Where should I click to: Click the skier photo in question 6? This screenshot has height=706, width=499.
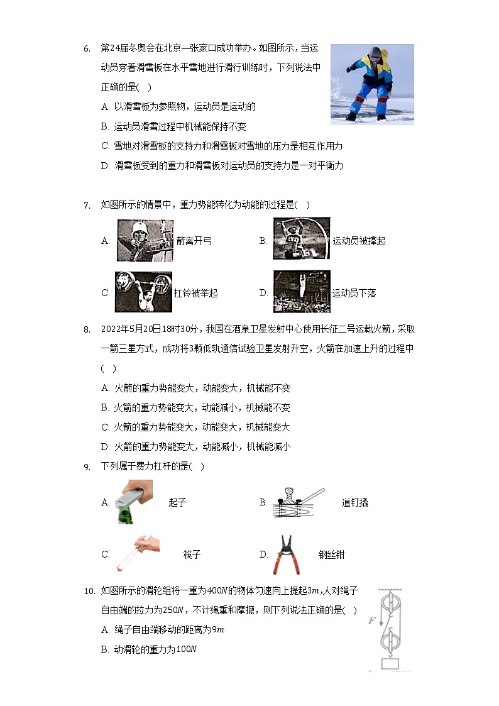pyautogui.click(x=372, y=84)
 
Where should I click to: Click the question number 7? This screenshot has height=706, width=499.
pyautogui.click(x=88, y=205)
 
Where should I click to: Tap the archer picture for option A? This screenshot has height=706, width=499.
pyautogui.click(x=145, y=240)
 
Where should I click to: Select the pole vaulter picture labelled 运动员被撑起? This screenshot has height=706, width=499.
pyautogui.click(x=301, y=239)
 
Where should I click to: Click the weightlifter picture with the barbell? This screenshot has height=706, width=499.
pyautogui.click(x=143, y=292)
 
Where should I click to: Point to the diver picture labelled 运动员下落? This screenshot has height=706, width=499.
pyautogui.click(x=301, y=292)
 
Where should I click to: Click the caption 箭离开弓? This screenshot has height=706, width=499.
pyautogui.click(x=194, y=241)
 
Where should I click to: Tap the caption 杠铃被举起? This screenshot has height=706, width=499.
pyautogui.click(x=195, y=294)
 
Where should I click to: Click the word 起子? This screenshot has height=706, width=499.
pyautogui.click(x=177, y=502)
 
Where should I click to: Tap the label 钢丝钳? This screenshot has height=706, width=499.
pyautogui.click(x=331, y=554)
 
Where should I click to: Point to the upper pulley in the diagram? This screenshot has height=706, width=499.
pyautogui.click(x=392, y=605)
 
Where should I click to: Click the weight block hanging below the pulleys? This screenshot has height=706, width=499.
pyautogui.click(x=391, y=664)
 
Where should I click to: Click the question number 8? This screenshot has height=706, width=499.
pyautogui.click(x=88, y=329)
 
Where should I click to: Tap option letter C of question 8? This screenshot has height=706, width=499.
pyautogui.click(x=105, y=427)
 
